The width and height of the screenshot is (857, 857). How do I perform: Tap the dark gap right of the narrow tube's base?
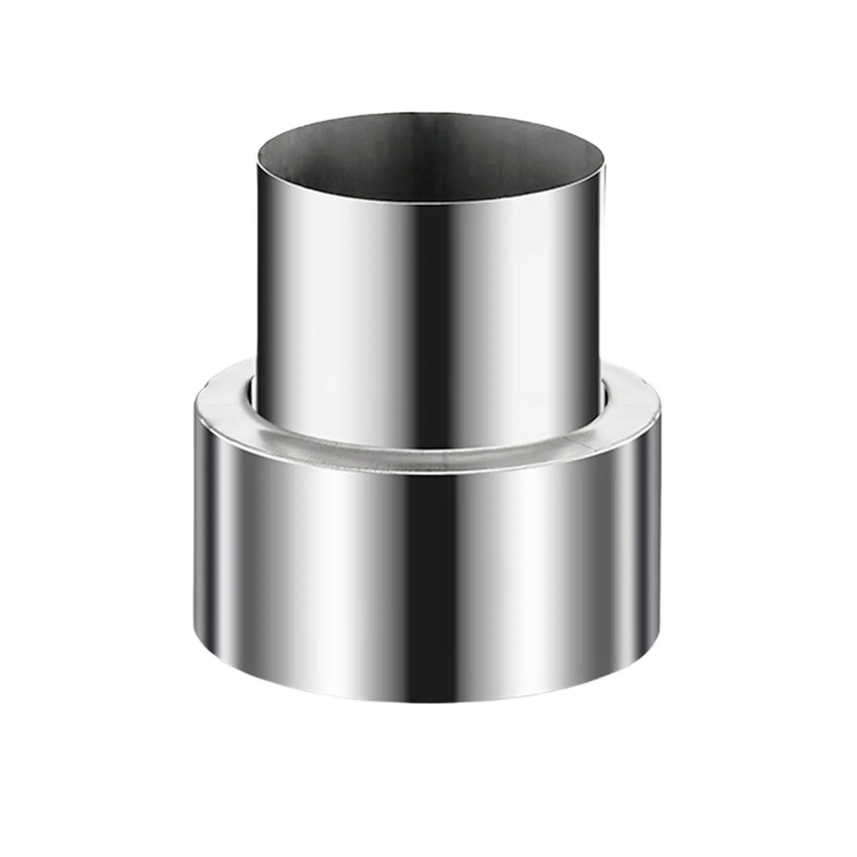click(608, 394)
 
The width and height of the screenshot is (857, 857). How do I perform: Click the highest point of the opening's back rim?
click(431, 113)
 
